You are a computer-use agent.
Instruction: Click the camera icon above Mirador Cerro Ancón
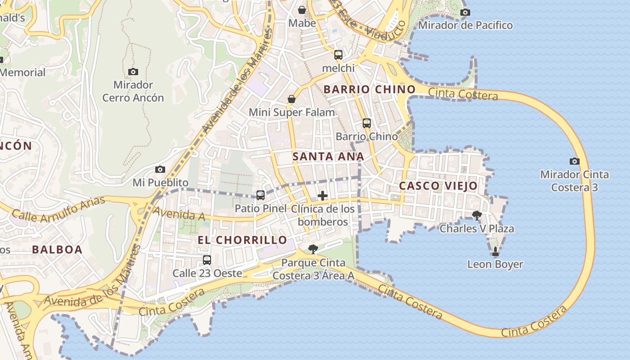point(133,72)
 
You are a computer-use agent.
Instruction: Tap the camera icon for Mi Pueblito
point(160,169)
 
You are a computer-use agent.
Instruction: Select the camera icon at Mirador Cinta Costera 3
point(574,161)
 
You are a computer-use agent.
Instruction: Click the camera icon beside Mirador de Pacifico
point(465,12)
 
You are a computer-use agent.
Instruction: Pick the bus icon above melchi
point(338,55)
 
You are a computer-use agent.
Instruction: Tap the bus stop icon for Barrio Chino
point(367,123)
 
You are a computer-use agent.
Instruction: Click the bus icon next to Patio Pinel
point(260,195)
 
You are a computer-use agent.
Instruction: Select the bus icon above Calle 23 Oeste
point(207,260)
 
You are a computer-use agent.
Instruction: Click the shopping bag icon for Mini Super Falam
point(292,99)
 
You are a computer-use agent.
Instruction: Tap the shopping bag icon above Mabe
point(302,9)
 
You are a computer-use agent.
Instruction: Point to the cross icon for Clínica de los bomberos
point(323,196)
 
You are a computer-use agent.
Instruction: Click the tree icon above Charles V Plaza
point(477,215)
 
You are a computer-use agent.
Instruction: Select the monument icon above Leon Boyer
point(495,251)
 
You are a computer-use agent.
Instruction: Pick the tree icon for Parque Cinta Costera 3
point(313,249)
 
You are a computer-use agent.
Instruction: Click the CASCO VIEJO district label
point(438,186)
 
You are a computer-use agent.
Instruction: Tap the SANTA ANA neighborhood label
point(328,157)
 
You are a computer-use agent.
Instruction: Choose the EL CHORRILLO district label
point(243,240)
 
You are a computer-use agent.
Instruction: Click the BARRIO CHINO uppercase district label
point(369,90)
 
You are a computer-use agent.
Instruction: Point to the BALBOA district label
point(57,250)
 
